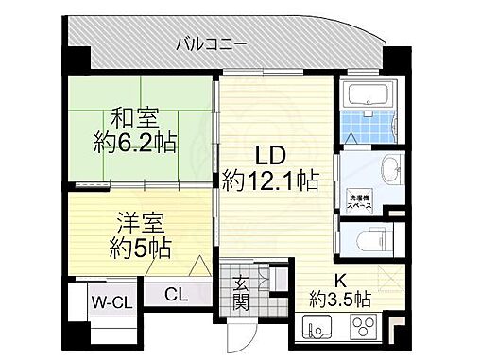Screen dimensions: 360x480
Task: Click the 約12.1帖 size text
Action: (269, 180)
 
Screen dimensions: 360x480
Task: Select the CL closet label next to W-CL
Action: (176, 294)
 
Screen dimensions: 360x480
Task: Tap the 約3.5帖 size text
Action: (337, 300)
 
